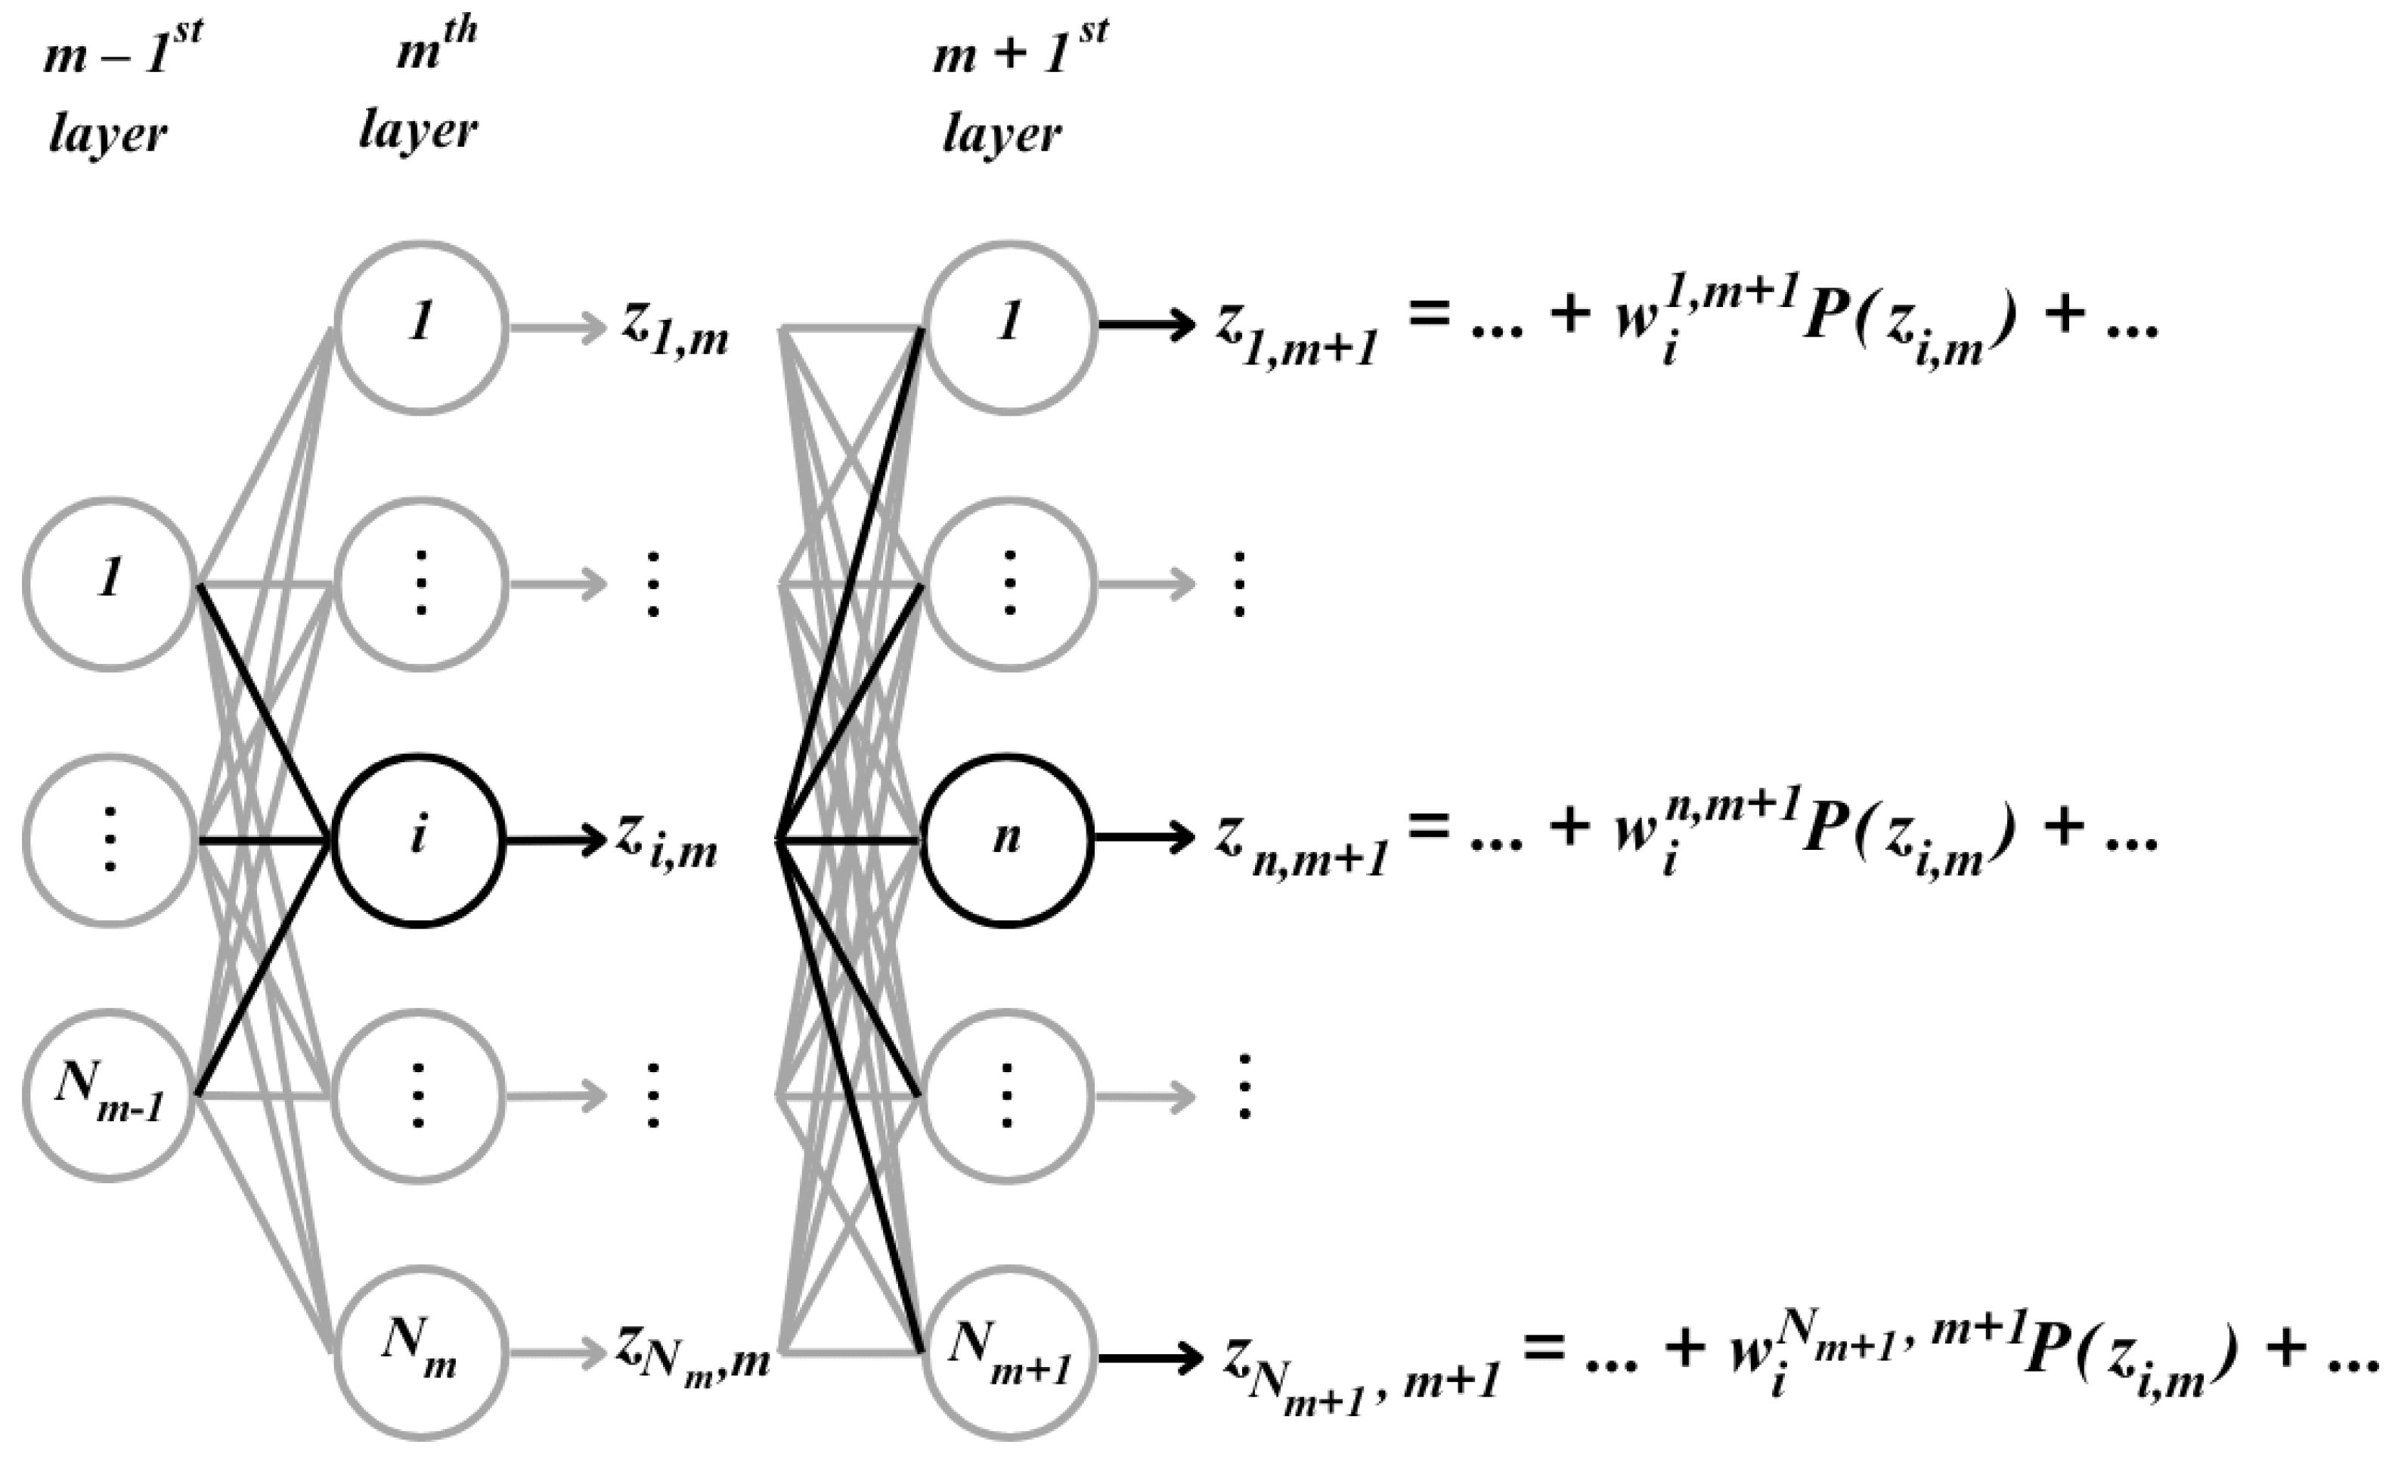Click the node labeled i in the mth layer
pos(419,841)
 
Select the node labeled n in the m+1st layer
pos(1007,841)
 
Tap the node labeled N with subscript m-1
pos(110,1096)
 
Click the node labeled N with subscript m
pos(421,1351)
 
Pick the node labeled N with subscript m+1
pos(1009,1351)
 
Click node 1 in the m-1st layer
pos(110,583)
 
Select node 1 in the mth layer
pos(421,327)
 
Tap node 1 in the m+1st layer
pos(1009,327)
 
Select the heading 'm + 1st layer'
pos(1016,92)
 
